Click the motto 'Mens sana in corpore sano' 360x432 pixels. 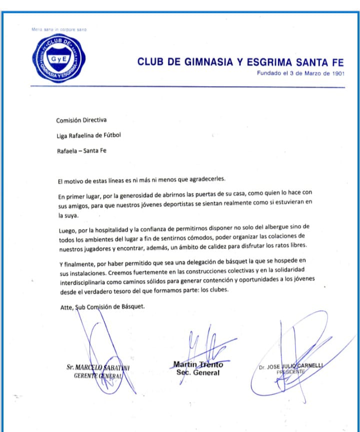tap(58, 30)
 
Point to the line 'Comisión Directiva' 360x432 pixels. tap(81, 120)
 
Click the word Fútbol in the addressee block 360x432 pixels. tap(110, 135)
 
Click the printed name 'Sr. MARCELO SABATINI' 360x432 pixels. tap(98, 367)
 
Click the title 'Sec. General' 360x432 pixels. tap(197, 372)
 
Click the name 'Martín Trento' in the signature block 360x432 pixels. tap(198, 364)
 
